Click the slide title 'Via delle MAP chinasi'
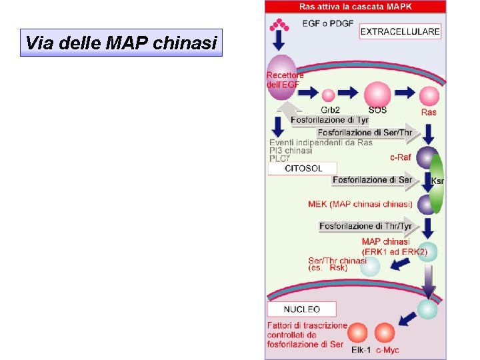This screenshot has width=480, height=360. click(x=121, y=43)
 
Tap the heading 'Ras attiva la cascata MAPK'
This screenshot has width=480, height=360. click(x=355, y=7)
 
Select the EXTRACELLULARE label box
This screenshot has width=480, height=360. click(x=400, y=31)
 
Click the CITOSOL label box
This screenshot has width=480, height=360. click(x=303, y=169)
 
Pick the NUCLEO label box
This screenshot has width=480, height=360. click(x=301, y=309)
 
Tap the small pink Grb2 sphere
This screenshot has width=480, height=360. click(x=328, y=96)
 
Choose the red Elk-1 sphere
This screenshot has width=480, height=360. click(x=358, y=333)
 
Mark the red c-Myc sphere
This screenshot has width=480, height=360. click(x=385, y=333)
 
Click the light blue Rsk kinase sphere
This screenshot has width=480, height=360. click(x=370, y=267)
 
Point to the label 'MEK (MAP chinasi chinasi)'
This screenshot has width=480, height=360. click(x=360, y=204)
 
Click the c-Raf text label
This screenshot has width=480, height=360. click(x=400, y=158)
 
